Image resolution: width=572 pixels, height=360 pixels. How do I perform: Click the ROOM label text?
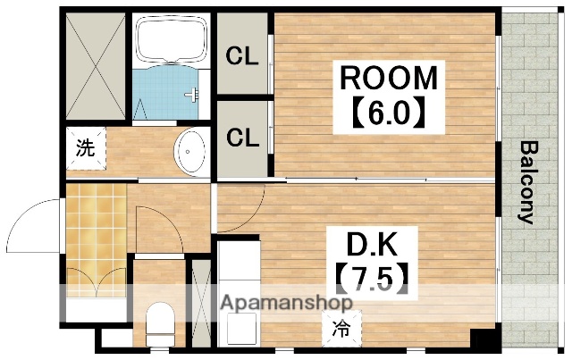pyautogui.click(x=388, y=79)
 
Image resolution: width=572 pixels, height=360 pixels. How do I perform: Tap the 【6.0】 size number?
pyautogui.click(x=387, y=114)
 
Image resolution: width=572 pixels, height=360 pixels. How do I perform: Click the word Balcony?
pyautogui.click(x=528, y=182)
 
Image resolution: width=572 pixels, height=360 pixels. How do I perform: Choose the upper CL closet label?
pyautogui.click(x=241, y=56)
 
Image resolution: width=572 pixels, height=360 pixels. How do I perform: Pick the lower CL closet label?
pyautogui.click(x=241, y=138)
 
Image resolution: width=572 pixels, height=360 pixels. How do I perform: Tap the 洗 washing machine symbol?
pyautogui.click(x=84, y=148)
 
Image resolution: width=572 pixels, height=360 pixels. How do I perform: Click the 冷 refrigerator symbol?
pyautogui.click(x=341, y=327)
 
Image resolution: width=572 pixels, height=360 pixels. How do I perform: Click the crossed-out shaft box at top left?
pyautogui.click(x=95, y=66)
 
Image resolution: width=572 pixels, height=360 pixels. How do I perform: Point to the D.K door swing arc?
pyautogui.click(x=246, y=214)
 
